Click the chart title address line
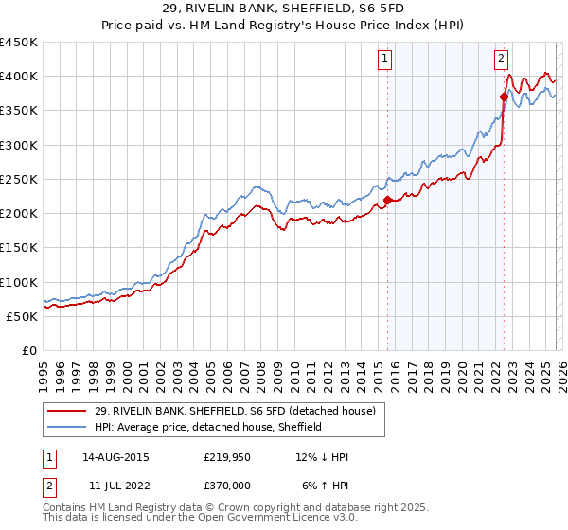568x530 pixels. [x=284, y=9]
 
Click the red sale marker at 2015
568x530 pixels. [x=388, y=200]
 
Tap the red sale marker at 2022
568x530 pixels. [x=504, y=97]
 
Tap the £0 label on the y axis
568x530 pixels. [x=28, y=350]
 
